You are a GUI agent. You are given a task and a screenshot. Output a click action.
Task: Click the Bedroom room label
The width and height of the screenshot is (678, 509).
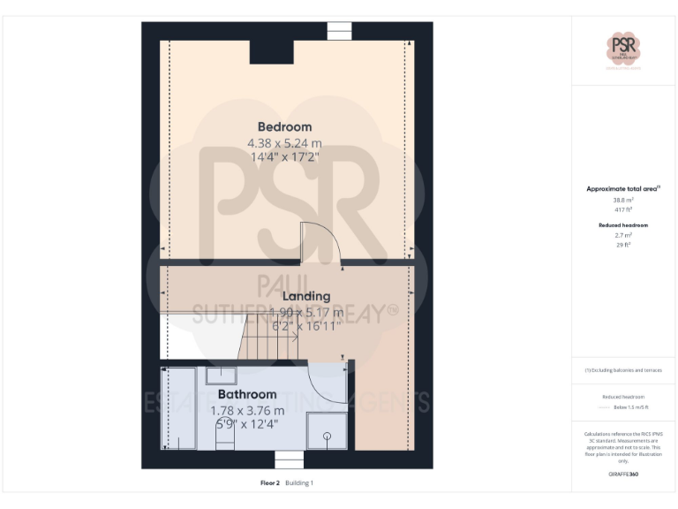click(x=284, y=126)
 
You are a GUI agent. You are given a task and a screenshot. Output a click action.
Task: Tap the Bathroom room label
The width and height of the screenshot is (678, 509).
click(x=247, y=394)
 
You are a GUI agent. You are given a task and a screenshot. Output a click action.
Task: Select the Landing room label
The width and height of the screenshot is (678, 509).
click(x=305, y=296)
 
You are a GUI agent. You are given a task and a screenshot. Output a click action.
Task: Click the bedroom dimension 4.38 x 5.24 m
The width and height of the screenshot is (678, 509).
click(x=284, y=142)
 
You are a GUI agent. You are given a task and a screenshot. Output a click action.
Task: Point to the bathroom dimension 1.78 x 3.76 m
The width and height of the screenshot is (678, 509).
click(x=247, y=410)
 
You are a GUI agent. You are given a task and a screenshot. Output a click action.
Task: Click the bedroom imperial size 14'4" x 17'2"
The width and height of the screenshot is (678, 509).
click(x=284, y=157)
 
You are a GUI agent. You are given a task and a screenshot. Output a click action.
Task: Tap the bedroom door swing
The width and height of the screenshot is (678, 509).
click(x=320, y=242)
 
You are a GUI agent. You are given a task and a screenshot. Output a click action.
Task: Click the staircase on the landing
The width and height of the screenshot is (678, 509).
click(x=271, y=340)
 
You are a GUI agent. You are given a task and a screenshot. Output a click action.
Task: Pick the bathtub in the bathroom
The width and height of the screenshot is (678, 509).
click(x=180, y=407)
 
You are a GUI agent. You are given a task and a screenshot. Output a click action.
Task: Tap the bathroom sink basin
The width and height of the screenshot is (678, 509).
click(x=220, y=376)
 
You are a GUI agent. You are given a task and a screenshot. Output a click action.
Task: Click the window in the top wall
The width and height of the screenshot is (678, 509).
click(x=340, y=30)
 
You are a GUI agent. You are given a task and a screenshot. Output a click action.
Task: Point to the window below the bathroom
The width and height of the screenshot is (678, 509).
click(x=289, y=460)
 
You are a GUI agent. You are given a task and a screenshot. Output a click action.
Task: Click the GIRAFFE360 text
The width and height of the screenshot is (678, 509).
click(x=624, y=475)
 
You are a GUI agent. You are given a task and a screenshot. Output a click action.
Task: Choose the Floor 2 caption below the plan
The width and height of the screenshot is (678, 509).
click(x=270, y=483)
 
